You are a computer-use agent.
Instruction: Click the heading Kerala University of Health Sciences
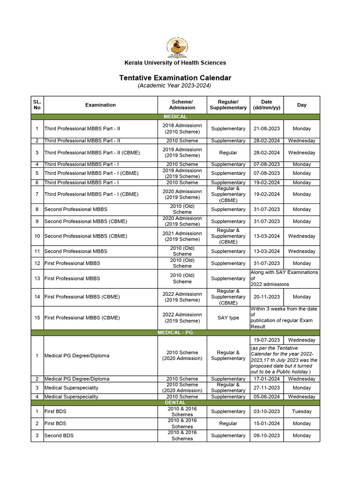click(x=175, y=63)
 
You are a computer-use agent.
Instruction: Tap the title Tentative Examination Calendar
click(x=175, y=78)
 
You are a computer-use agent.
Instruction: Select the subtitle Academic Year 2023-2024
click(x=174, y=86)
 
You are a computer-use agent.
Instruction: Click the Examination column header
click(x=100, y=105)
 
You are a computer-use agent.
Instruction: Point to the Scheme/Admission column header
click(x=182, y=105)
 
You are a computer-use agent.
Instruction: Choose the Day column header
click(x=301, y=105)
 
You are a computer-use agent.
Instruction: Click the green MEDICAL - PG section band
click(x=175, y=332)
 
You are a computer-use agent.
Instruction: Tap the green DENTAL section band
click(x=175, y=403)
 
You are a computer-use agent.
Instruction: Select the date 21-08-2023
click(x=266, y=128)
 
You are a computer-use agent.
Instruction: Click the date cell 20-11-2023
click(x=266, y=297)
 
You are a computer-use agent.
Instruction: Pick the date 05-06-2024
click(x=266, y=397)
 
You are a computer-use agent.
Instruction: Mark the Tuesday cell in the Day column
click(x=301, y=412)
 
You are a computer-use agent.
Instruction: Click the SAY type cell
click(x=228, y=318)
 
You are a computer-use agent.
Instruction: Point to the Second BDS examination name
click(x=59, y=435)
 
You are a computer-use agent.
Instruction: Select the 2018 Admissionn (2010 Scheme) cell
click(x=182, y=128)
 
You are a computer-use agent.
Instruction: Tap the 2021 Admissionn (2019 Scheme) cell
click(x=182, y=236)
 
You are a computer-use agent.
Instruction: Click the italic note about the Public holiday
click(x=284, y=360)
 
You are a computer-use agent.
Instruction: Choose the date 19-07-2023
click(x=266, y=340)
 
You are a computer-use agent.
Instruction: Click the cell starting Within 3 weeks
click(x=284, y=318)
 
